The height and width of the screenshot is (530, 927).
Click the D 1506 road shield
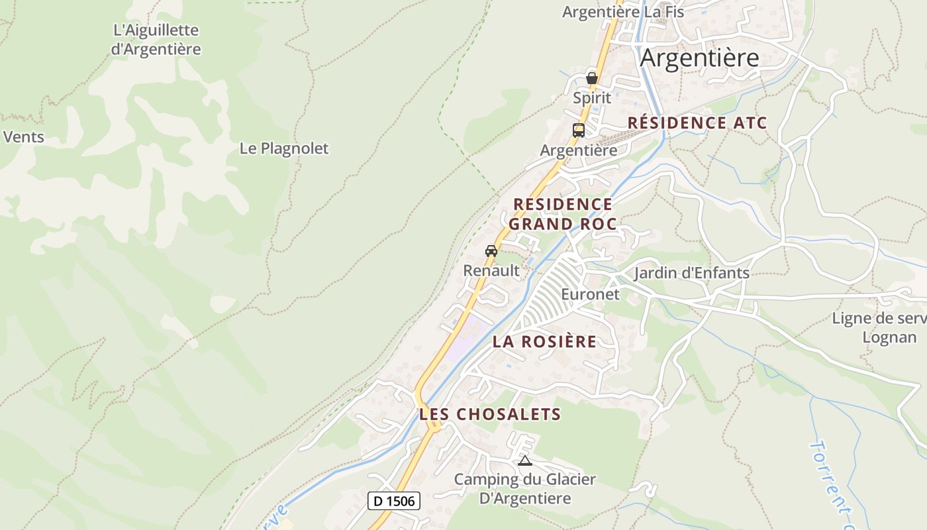[394, 501]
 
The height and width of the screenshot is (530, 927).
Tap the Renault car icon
[491, 251]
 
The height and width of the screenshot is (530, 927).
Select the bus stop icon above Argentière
[579, 130]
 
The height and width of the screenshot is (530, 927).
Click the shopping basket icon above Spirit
[592, 78]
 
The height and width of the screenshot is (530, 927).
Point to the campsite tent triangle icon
[525, 460]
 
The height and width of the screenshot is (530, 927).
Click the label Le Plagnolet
[284, 148]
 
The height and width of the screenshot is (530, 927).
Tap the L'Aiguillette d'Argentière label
[156, 40]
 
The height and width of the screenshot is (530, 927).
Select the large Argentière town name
[699, 58]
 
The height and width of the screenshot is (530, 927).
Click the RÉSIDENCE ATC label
[697, 123]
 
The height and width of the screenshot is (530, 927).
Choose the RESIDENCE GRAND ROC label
[563, 214]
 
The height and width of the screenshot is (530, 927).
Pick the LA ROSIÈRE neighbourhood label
[544, 342]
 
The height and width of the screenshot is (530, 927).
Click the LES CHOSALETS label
[490, 415]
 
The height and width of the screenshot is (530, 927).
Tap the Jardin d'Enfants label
[692, 273]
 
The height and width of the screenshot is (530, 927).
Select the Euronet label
[591, 294]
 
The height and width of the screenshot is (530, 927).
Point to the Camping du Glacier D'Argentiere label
[525, 489]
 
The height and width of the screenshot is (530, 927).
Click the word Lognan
[890, 337]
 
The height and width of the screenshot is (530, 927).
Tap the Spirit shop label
[592, 98]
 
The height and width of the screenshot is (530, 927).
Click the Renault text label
[491, 270]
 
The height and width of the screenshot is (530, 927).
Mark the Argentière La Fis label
[623, 12]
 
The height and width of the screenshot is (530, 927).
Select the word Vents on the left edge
[24, 137]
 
